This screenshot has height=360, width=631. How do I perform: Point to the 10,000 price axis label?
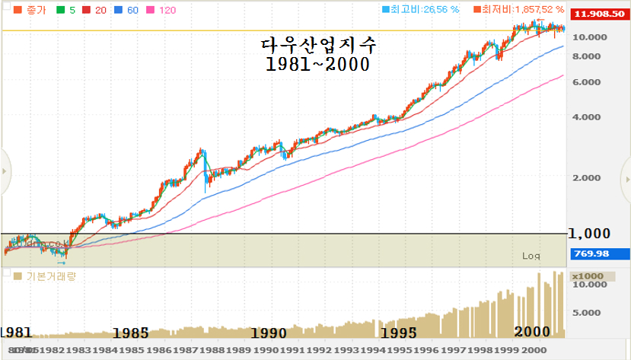[590, 37]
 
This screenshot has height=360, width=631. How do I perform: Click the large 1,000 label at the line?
[590, 234]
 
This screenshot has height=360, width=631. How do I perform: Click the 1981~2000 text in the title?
[317, 65]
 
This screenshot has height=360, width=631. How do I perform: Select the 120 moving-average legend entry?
[162, 11]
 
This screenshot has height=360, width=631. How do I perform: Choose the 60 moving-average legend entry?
[126, 11]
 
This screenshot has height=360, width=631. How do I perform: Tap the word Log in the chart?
[531, 256]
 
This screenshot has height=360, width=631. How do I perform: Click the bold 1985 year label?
[130, 333]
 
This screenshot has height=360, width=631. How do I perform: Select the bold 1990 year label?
[268, 333]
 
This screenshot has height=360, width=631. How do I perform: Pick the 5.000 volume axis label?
[587, 312]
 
